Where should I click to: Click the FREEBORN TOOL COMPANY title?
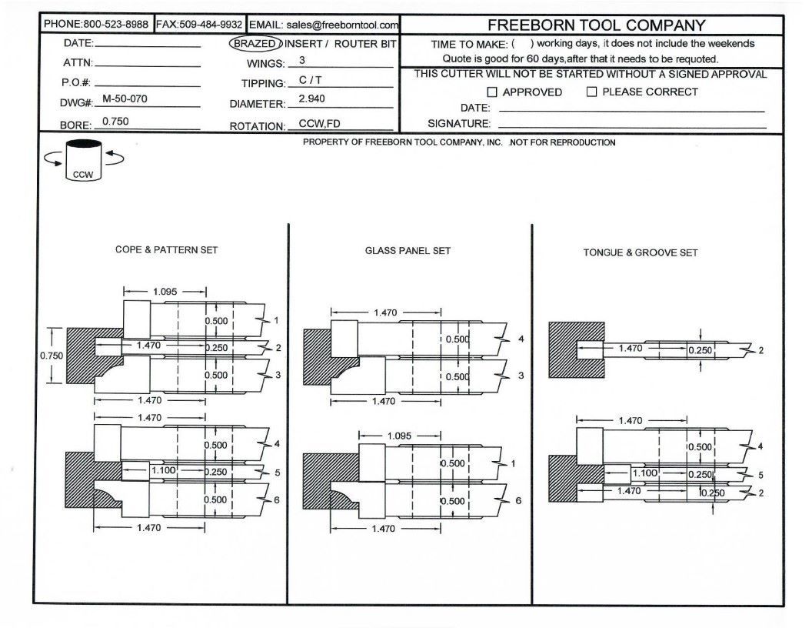[x=596, y=25]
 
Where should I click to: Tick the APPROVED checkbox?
[x=494, y=92]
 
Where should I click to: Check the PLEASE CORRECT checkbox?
[x=592, y=92]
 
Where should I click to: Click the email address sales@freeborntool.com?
[x=342, y=25]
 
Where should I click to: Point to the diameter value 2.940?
[x=311, y=99]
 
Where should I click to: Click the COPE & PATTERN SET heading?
[x=167, y=250]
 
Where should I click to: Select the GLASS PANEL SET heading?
[x=408, y=251]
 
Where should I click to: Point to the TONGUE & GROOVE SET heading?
[x=641, y=252]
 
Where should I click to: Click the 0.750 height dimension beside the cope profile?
[x=52, y=356]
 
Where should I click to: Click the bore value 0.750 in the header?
[x=115, y=121]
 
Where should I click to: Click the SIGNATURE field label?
[x=459, y=124]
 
